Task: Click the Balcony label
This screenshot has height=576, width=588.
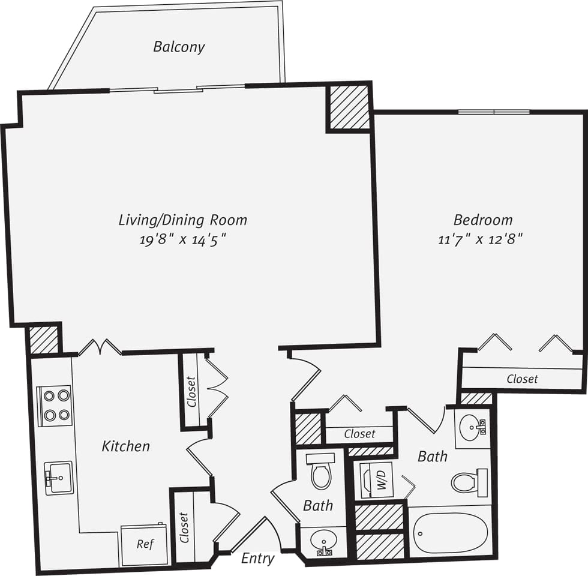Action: (x=179, y=47)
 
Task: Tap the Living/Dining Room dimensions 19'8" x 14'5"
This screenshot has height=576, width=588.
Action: (x=183, y=240)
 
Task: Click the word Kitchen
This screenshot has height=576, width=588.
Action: (x=125, y=446)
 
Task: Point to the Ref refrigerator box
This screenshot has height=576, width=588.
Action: (x=145, y=545)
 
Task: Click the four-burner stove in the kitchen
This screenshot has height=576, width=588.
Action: (x=55, y=406)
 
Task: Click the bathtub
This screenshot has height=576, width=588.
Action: (x=450, y=533)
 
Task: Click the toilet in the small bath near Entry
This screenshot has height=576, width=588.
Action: (x=321, y=472)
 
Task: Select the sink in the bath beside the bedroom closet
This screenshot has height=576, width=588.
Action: (x=472, y=428)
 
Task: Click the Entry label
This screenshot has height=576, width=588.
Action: (x=258, y=559)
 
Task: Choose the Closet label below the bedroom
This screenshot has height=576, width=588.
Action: (x=522, y=379)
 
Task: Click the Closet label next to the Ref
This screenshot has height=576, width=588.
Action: (x=184, y=528)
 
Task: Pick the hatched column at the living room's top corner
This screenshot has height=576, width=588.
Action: (x=349, y=108)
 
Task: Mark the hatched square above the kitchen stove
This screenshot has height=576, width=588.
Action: (x=44, y=340)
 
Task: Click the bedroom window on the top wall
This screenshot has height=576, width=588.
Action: (x=494, y=112)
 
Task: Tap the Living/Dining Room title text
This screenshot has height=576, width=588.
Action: (x=183, y=220)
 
